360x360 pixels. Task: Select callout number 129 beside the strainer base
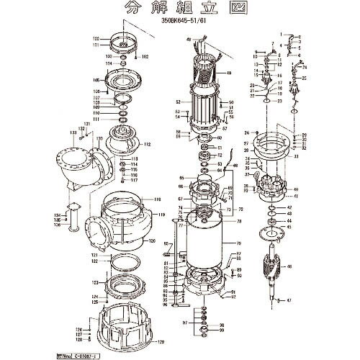click(x=160, y=341)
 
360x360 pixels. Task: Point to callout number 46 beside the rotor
click(x=289, y=267)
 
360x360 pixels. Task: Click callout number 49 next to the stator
click(x=228, y=73)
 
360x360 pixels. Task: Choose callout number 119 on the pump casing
click(x=162, y=215)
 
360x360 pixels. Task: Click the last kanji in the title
click(x=225, y=9)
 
